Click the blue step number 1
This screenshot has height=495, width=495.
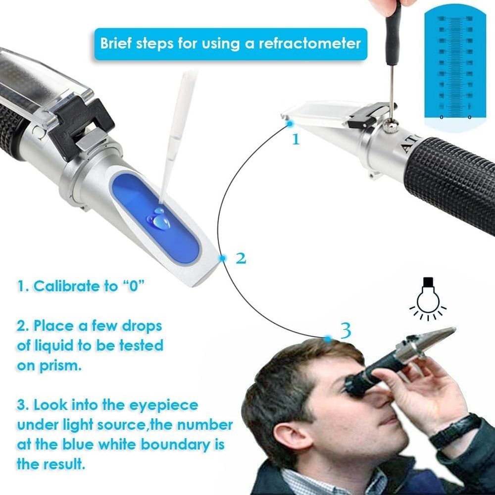pyautogui.click(x=296, y=139)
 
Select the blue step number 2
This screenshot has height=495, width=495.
pyautogui.click(x=241, y=258)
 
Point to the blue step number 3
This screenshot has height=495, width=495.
pyautogui.click(x=346, y=330)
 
